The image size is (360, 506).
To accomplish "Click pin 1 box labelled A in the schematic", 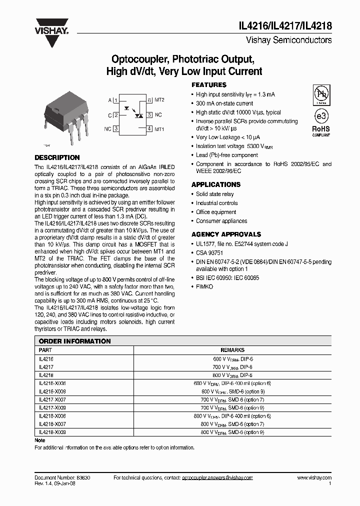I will pos(116,100).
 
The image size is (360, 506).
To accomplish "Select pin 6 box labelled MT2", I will pos(149,100).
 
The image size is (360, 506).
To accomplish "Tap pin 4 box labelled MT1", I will pos(149,128).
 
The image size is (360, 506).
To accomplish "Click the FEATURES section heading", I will pos(209,85).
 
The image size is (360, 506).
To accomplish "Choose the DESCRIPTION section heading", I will pos(57,157).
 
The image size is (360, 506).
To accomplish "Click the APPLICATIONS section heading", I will pos(215,184).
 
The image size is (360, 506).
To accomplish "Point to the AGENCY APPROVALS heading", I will pos(226,234).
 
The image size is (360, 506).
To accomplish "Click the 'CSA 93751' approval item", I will pos(209,253).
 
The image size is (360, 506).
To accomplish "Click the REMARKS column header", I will pos(232,350).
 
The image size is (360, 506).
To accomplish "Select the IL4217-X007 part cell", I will pos(52,399).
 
